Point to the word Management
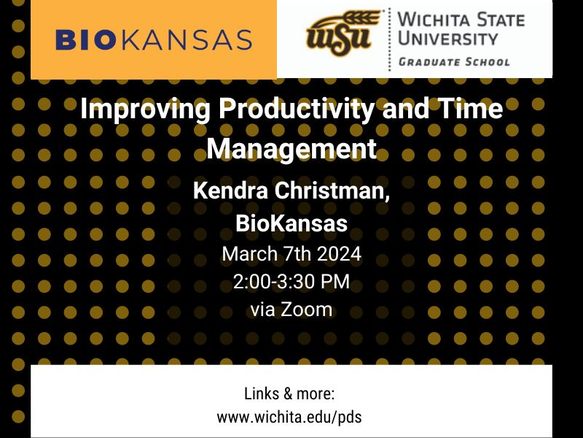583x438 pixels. pos(291,148)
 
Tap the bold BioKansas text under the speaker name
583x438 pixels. pos(291,223)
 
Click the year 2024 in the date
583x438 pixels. pos(336,255)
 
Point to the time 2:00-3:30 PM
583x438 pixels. pos(291,282)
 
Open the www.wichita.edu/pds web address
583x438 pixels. pos(289,418)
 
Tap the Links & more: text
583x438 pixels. pos(289,394)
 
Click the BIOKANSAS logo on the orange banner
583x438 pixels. pos(154,39)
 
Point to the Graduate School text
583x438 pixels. pos(454,62)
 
